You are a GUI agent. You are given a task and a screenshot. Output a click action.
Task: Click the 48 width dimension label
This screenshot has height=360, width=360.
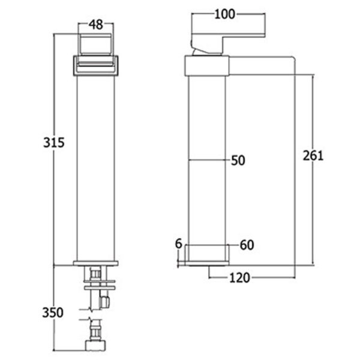pos(96,25)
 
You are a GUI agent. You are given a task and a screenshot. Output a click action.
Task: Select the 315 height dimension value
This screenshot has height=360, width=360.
pos(53,142)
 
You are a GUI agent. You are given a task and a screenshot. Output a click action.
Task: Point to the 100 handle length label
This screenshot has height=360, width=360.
pos(225,14)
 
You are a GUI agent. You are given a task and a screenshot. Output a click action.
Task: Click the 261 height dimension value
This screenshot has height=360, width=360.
pos(313,155)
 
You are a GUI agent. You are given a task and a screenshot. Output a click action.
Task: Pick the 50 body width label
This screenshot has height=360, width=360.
pos(238,160)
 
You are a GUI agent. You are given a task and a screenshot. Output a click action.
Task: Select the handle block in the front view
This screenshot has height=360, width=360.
pos(96,46)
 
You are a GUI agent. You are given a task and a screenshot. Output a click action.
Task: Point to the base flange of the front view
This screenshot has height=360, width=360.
pos(96,262)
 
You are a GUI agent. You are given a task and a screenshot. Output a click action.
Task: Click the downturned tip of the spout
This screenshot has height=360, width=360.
pos(292,67)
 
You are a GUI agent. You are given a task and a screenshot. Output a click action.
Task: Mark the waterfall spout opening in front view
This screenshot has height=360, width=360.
pos(96,66)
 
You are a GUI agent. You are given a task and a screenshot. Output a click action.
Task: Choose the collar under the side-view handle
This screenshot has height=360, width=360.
pos(207,65)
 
